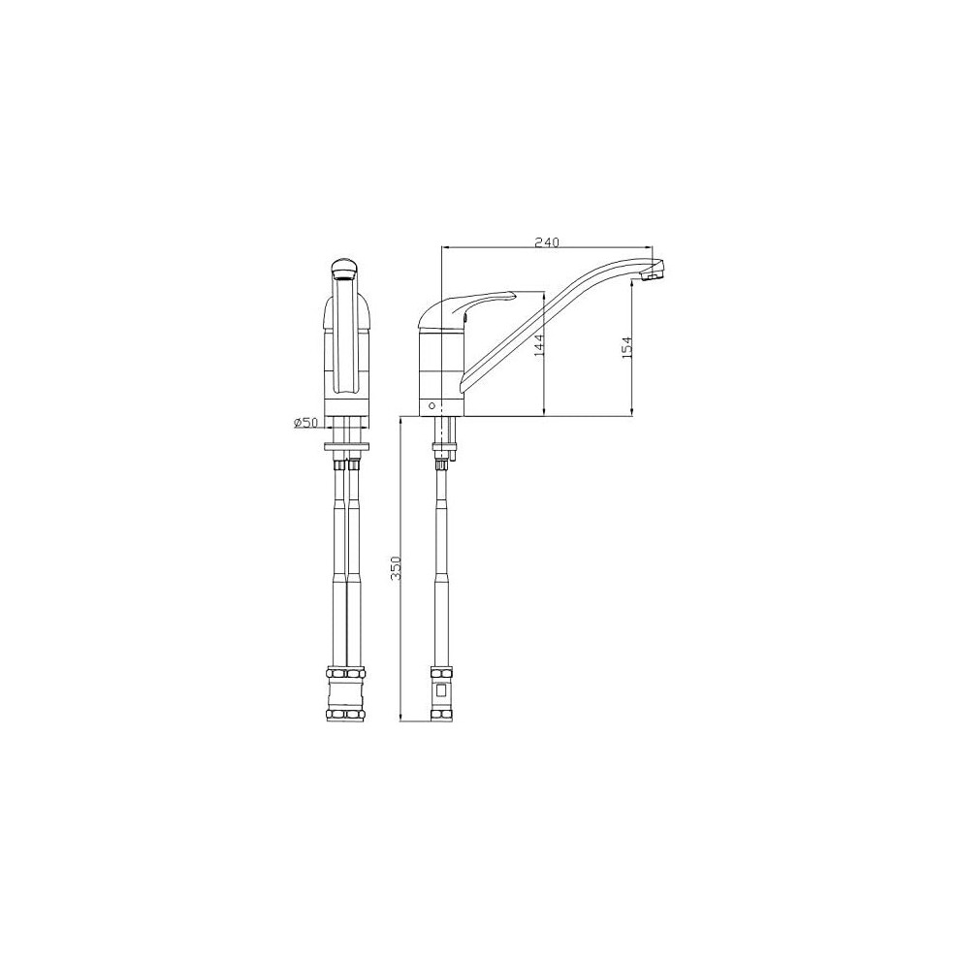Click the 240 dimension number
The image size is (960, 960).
[x=547, y=242]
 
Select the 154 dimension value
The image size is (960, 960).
[x=626, y=348]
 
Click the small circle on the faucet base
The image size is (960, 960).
[x=432, y=405]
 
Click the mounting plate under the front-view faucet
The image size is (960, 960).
[x=347, y=446]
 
